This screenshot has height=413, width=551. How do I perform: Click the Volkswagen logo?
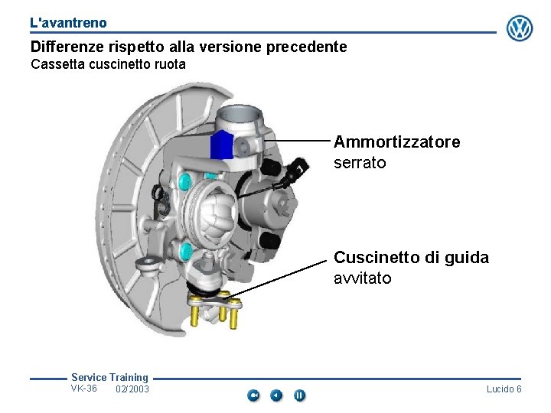[x=520, y=28]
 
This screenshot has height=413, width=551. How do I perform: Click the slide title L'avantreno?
[x=69, y=23]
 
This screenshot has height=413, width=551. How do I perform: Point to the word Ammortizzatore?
[x=397, y=142]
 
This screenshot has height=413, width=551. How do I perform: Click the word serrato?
[x=360, y=163]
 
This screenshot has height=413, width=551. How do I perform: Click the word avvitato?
[x=362, y=278]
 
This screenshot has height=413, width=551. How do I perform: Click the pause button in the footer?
[x=300, y=395]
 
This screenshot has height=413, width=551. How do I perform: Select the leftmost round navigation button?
[x=254, y=395]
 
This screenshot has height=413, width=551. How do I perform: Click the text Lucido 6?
[x=504, y=389]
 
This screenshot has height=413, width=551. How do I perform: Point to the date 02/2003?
[x=132, y=389]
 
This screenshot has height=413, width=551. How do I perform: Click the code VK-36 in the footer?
[x=83, y=389]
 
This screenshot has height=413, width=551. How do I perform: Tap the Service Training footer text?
[x=109, y=377]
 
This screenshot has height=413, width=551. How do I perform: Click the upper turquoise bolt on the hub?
[x=184, y=180]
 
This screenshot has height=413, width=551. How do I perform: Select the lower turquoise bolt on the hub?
[x=184, y=250]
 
